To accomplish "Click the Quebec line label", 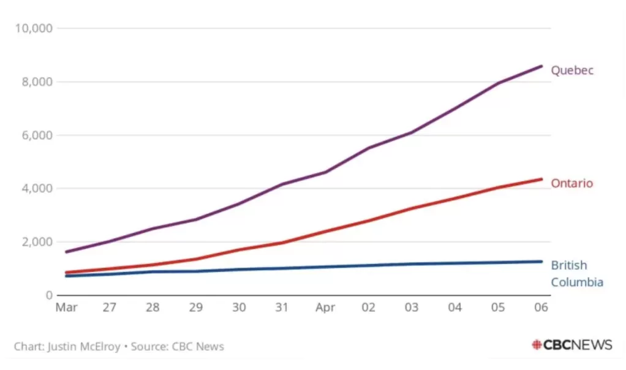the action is pos(572,70).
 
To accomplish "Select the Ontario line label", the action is pos(571,183).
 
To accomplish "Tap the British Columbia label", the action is pos(577,274).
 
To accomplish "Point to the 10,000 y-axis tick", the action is pos(34,28).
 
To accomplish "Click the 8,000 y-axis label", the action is pos(37,82).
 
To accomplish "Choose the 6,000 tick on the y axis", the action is pos(37,135).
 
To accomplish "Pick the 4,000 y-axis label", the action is pos(37,189).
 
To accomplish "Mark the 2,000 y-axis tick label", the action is pos(37,242).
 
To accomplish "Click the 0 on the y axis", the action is pos(49,295).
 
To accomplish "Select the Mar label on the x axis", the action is pos(66,308).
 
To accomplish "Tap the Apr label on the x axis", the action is pos(325,308).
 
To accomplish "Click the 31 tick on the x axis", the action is pos(282,308).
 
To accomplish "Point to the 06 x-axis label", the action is pos(541,308).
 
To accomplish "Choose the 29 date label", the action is pos(195,308).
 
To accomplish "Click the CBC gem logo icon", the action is pos(537,345).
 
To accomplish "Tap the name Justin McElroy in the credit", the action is pos(84,347).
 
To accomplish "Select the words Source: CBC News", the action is pos(177,347).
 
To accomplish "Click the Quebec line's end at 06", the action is pos(541,66).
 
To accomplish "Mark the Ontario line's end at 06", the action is pos(541,179).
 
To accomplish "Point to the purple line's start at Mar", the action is pos(66,252).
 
